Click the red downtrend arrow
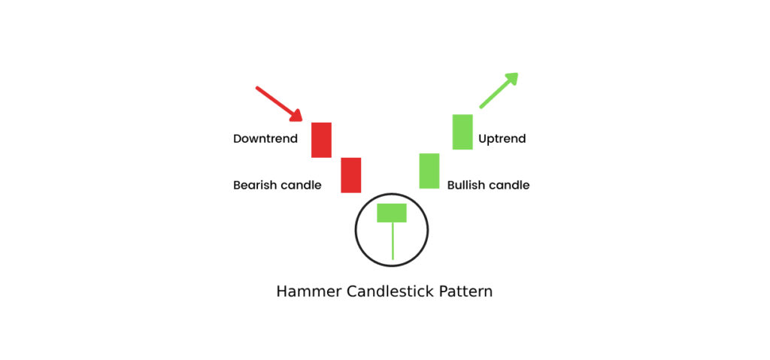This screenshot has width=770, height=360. (x=278, y=104)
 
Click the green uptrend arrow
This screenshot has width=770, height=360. (x=499, y=90)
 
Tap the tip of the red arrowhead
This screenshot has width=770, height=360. (x=302, y=120)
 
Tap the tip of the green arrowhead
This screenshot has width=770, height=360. (x=517, y=73)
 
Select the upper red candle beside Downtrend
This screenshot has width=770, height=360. (x=321, y=140)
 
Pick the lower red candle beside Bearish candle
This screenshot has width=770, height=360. (x=351, y=175)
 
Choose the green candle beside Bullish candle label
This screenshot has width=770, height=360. (x=429, y=171)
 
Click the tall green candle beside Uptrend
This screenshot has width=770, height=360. (x=462, y=132)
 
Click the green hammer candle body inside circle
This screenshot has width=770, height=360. (x=392, y=213)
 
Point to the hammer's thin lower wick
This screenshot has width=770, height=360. (x=393, y=241)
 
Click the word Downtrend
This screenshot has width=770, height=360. (x=265, y=139)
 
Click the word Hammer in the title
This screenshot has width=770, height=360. (x=309, y=292)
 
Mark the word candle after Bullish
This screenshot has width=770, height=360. (x=510, y=185)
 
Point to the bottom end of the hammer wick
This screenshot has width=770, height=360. (x=393, y=259)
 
